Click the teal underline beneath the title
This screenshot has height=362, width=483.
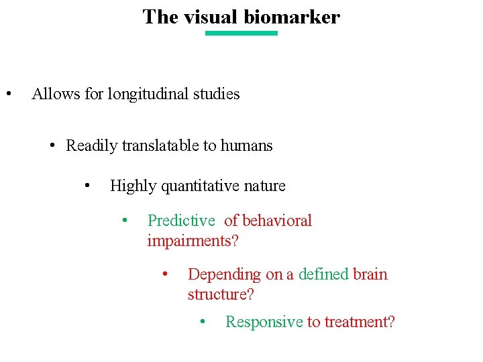click(x=241, y=33)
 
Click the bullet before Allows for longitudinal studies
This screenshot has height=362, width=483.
click(x=8, y=94)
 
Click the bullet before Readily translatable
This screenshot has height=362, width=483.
click(x=52, y=145)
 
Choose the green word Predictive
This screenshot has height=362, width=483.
click(x=181, y=221)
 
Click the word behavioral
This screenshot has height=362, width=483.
click(x=277, y=221)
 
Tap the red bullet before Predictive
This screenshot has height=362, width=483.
click(x=124, y=220)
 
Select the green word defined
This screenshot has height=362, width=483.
click(x=323, y=274)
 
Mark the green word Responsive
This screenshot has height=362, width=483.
click(x=264, y=322)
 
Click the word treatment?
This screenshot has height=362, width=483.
click(x=360, y=322)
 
